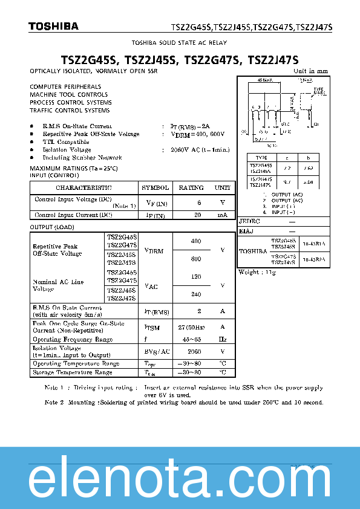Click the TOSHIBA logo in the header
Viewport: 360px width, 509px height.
pyautogui.click(x=53, y=26)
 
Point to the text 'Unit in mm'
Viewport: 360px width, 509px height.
pyautogui.click(x=310, y=71)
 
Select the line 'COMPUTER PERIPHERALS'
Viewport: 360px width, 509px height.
pyautogui.click(x=65, y=87)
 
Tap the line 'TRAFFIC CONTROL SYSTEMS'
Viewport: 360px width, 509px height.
pyautogui.click(x=70, y=111)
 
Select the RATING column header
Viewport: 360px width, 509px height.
pyautogui.click(x=191, y=187)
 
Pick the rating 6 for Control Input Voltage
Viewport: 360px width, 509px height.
pyautogui.click(x=198, y=203)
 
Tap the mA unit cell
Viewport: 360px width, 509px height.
pyautogui.click(x=223, y=215)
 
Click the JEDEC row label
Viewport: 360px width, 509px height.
pyautogui.click(x=249, y=222)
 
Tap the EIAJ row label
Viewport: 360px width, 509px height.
pyautogui.click(x=246, y=231)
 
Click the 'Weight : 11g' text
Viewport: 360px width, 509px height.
pyautogui.click(x=257, y=273)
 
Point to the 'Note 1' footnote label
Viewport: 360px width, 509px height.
pyautogui.click(x=53, y=387)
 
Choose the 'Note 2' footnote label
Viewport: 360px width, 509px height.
pyautogui.click(x=53, y=402)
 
